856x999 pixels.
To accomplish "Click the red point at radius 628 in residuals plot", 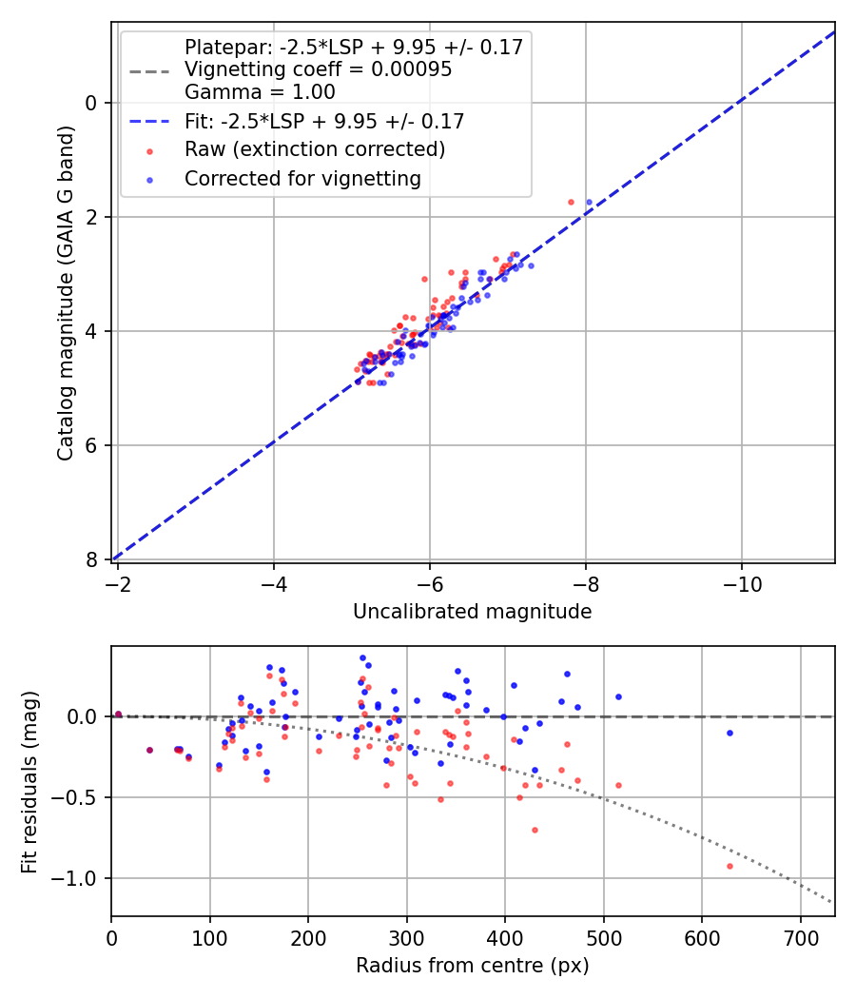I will click(730, 866).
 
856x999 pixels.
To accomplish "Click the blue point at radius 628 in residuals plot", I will click(730, 733).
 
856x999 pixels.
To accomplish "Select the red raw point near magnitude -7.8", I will click(571, 202).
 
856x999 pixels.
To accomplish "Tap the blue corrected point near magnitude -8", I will click(589, 202).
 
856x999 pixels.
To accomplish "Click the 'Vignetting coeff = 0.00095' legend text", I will click(319, 69).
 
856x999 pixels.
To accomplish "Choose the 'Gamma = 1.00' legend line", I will click(260, 92).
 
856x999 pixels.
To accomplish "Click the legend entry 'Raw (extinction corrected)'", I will click(315, 149).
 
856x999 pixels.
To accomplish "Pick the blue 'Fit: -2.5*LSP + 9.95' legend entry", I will click(324, 121).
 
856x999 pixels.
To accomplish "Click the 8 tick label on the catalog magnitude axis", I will click(92, 559).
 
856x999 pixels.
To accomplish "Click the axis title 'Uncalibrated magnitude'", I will click(472, 612).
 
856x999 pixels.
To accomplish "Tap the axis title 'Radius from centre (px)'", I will click(472, 966).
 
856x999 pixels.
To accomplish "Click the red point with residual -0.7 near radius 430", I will click(535, 830).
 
